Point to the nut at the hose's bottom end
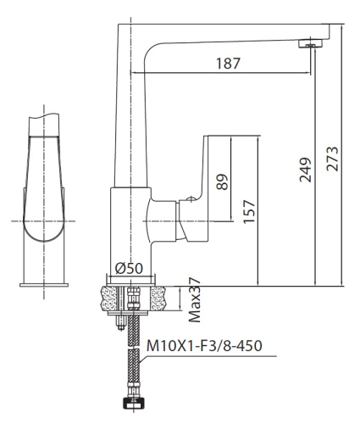[x=132, y=406]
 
